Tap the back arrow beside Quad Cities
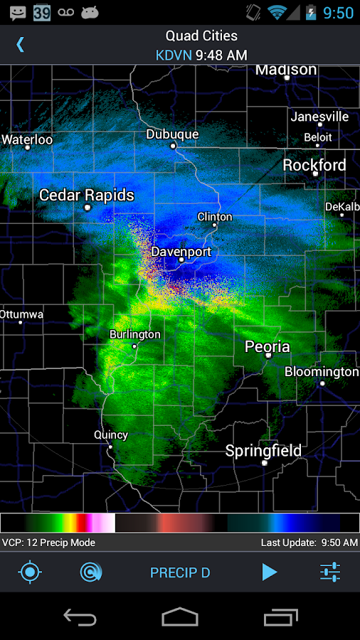[20, 44]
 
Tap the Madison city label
[286, 70]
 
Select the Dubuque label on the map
[172, 134]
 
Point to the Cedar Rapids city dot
[87, 208]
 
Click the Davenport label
[181, 252]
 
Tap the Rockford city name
[314, 165]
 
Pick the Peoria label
[267, 346]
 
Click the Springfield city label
[263, 451]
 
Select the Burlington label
[134, 334]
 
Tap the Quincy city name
[111, 435]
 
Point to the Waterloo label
[27, 139]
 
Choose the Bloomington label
[322, 372]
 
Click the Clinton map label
[214, 216]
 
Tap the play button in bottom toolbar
[269, 572]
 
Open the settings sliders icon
[330, 572]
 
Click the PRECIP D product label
[180, 572]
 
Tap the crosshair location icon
[30, 572]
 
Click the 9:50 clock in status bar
[338, 12]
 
